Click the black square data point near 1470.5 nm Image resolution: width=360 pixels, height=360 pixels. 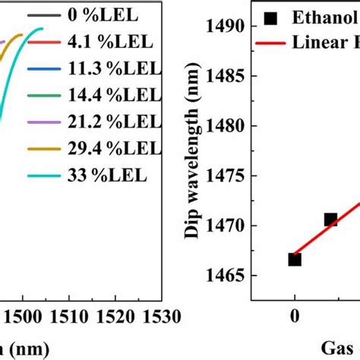[330, 219]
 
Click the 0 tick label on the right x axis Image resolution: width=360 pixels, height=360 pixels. [295, 317]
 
